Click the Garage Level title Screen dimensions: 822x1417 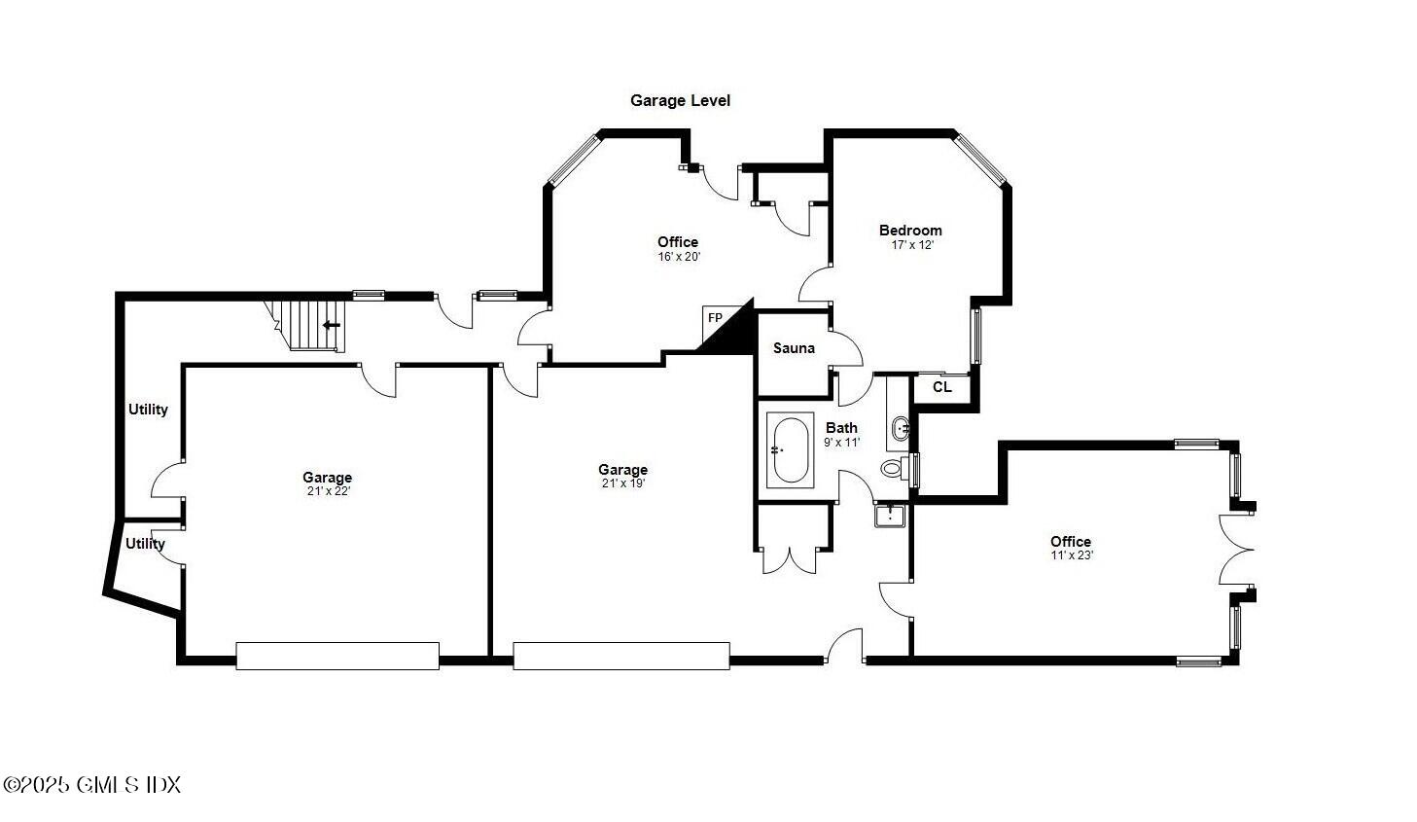coord(680,100)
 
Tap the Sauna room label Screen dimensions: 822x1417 coord(794,348)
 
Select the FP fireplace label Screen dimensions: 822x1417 coord(715,318)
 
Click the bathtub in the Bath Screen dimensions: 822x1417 coord(790,450)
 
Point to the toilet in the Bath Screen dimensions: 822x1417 coord(892,469)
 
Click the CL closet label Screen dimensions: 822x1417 coord(941,387)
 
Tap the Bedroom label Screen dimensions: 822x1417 coord(910,231)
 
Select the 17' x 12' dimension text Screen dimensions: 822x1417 coord(911,245)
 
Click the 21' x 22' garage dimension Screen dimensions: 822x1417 coord(327,491)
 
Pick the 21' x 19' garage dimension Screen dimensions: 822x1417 coord(622,483)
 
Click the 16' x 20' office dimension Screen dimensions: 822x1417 coord(678,257)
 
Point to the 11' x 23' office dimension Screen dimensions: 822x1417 coord(1071,555)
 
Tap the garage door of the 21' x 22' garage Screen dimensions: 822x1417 coord(337,656)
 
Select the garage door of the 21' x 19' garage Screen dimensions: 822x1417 coord(621,656)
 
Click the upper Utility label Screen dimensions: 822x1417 coord(148,410)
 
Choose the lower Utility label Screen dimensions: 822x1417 coord(145,544)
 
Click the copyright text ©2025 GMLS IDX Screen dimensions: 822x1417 coord(92,784)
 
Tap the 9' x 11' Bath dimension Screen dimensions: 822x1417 coord(842,442)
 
